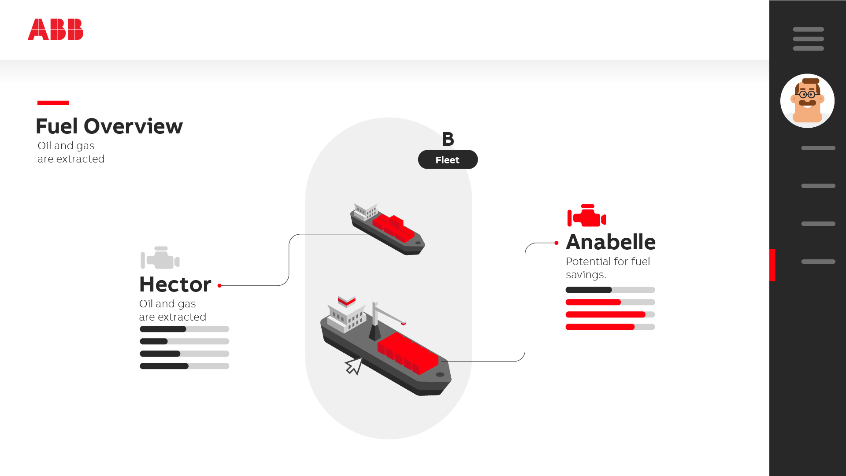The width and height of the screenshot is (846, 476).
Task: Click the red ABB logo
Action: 56,30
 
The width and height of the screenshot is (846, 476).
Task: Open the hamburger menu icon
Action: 808,39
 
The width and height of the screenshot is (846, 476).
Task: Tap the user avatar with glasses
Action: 807,101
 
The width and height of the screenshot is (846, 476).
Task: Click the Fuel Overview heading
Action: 109,126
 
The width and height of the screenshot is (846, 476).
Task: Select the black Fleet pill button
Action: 448,160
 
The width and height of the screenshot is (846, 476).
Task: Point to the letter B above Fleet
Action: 448,139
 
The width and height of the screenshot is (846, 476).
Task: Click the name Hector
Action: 175,284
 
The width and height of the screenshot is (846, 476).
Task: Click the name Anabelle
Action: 611,242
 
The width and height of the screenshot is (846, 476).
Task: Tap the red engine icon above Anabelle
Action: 586,215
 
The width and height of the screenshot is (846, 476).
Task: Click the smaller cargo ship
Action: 388,229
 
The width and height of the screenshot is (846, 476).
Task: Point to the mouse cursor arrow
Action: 354,365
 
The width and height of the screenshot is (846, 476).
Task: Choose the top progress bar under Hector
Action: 184,329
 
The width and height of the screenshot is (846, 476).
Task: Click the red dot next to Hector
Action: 219,286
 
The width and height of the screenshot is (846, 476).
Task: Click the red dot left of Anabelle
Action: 557,243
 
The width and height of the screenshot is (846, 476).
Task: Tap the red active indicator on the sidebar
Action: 772,265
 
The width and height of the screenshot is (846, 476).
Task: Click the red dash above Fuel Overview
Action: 53,103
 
